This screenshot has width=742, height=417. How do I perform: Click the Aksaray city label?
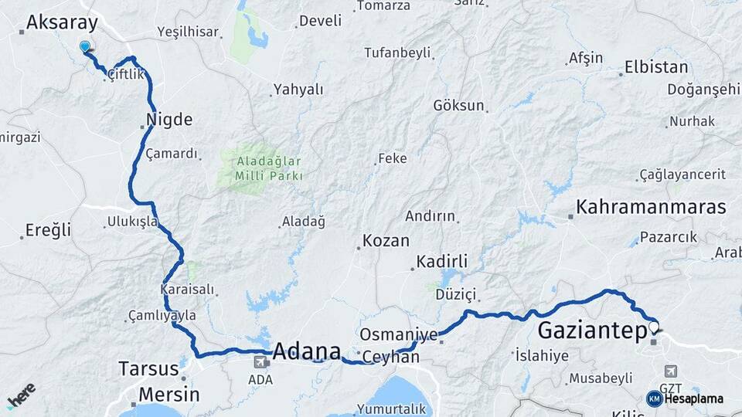click(62, 23)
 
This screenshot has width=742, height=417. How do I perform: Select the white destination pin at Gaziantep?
click(655, 327)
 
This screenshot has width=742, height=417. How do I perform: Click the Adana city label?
click(307, 351)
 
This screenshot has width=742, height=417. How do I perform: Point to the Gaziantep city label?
click(591, 331)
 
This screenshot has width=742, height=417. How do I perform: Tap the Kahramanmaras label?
click(652, 207)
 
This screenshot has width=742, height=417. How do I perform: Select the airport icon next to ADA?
click(260, 361)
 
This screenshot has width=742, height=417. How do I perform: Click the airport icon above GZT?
click(669, 372)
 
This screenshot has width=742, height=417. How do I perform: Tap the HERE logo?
click(21, 395)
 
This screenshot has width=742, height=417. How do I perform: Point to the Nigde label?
click(168, 120)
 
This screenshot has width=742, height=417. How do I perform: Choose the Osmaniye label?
click(398, 334)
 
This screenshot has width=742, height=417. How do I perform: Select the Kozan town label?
click(386, 240)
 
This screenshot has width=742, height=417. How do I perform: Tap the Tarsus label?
click(148, 368)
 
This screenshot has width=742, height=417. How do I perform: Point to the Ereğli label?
click(48, 229)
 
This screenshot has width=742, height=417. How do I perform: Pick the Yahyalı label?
click(299, 89)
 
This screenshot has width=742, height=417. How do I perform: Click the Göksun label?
click(458, 105)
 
